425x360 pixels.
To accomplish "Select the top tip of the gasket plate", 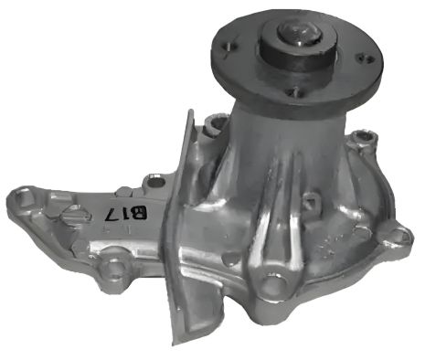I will click(x=190, y=113).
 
